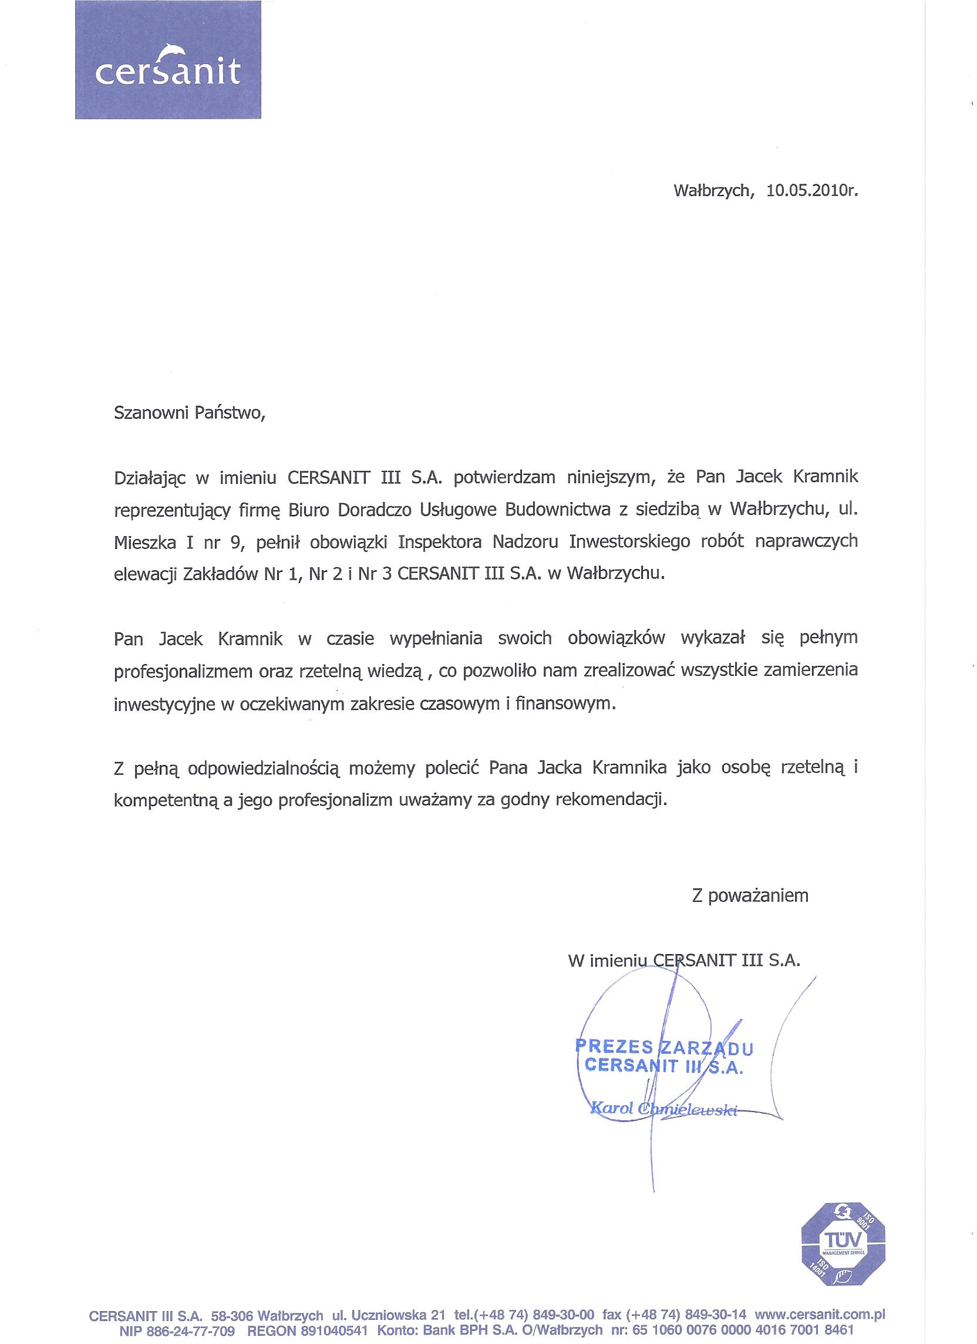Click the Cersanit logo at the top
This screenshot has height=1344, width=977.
(x=168, y=59)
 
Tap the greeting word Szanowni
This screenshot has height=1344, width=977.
(x=150, y=413)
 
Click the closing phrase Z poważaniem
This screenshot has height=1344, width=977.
(x=750, y=895)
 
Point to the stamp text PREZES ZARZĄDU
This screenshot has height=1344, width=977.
(x=663, y=1047)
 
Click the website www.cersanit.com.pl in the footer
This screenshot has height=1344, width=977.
(x=820, y=1315)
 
